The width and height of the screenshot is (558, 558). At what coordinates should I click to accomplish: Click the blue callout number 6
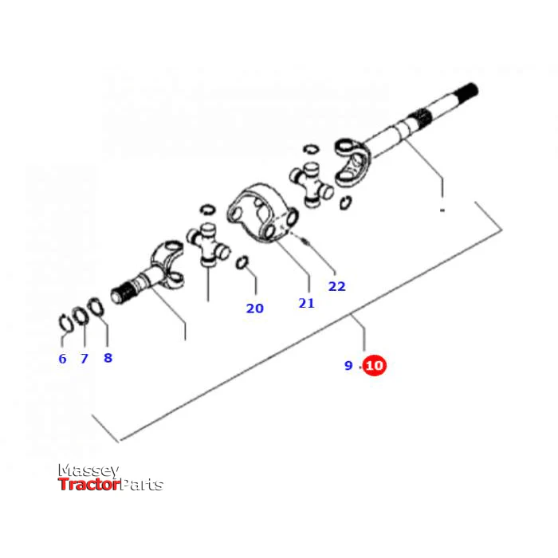tap(63, 359)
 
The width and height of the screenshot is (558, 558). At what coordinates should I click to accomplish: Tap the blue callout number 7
tap(84, 359)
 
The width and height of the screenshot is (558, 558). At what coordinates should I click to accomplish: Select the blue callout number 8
tap(108, 358)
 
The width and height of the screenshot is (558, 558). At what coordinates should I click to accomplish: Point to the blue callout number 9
tap(348, 365)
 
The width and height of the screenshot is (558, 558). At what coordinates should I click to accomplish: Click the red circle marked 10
tap(375, 365)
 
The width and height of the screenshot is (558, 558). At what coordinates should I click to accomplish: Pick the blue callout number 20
tap(255, 308)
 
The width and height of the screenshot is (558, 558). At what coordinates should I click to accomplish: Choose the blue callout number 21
tap(306, 303)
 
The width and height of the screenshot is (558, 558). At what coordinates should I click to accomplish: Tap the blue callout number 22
tap(336, 286)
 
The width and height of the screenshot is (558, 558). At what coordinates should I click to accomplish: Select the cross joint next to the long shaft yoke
tap(312, 185)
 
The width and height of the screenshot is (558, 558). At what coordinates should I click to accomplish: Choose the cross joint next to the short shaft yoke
tap(209, 246)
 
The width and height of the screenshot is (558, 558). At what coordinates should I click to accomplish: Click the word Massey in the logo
tap(88, 471)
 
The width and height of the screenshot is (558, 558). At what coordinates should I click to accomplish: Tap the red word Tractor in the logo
tap(89, 485)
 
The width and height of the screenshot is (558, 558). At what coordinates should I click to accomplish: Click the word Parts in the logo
tap(142, 485)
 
